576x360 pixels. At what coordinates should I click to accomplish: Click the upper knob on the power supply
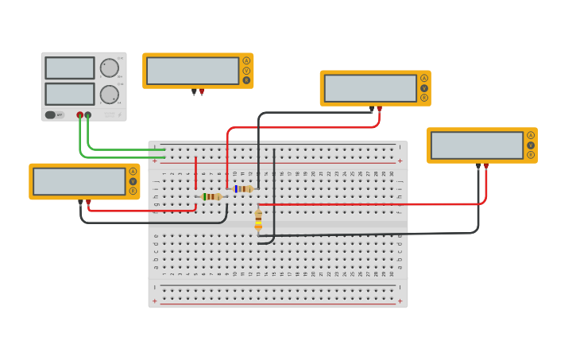tap(109, 68)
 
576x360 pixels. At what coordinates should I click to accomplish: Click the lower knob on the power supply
tap(109, 95)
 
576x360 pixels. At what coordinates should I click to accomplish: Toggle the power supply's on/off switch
tap(51, 114)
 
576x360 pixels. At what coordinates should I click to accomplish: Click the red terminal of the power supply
tap(79, 115)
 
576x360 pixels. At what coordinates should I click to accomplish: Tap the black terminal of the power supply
tap(88, 115)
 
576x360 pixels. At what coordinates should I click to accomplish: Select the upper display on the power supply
tap(70, 68)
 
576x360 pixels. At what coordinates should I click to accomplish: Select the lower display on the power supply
tap(70, 94)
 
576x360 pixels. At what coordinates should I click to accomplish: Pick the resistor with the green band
tap(211, 196)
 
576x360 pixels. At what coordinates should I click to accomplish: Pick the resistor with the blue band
tap(242, 188)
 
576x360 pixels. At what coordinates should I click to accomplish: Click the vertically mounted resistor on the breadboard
tap(258, 219)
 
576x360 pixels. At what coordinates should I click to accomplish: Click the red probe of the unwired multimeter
tap(202, 91)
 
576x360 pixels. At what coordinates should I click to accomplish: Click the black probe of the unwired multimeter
tap(194, 91)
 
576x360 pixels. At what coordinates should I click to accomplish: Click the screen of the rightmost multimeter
tap(477, 145)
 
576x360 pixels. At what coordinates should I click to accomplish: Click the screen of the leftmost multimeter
tap(79, 181)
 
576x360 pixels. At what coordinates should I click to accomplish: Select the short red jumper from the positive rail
tap(195, 173)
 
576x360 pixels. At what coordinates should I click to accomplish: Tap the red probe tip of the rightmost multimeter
tap(486, 165)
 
